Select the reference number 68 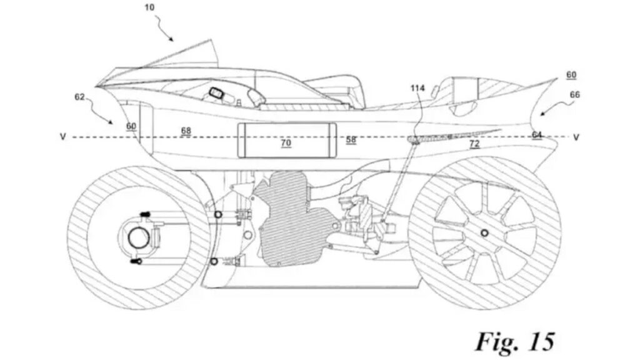tap(186, 131)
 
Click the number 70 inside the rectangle tap(286, 143)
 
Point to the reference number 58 tap(351, 140)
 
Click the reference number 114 tap(417, 88)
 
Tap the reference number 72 tap(475, 144)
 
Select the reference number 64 tap(537, 134)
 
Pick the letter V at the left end tap(63, 136)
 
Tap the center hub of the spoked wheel tap(484, 232)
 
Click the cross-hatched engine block tap(287, 216)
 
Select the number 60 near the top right tap(571, 74)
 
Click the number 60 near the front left tap(131, 126)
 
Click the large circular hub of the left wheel tap(136, 237)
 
